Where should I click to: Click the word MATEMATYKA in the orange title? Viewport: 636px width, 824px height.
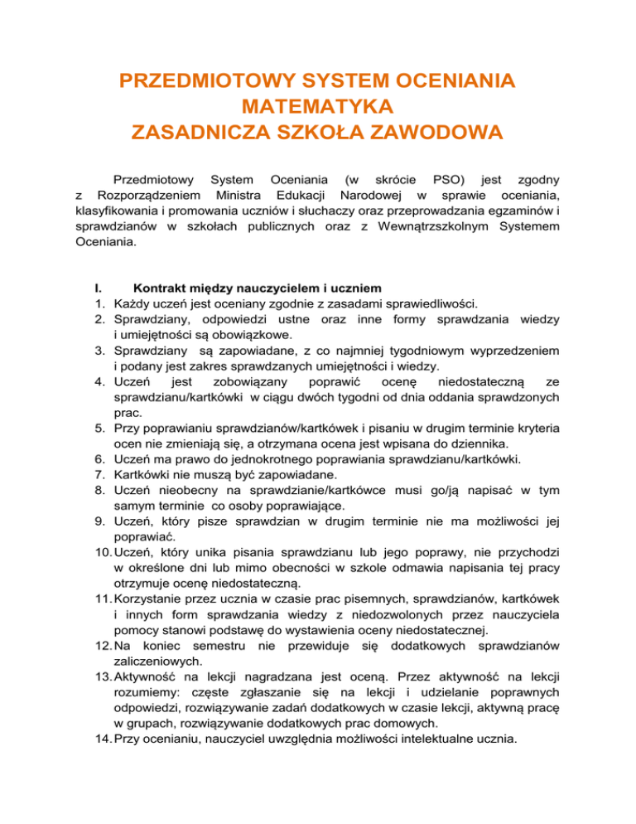[x=317, y=107]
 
